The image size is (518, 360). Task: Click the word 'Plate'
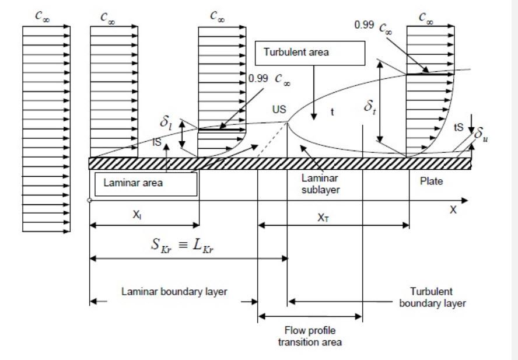pyautogui.click(x=431, y=181)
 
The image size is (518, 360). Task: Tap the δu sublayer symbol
pyautogui.click(x=480, y=135)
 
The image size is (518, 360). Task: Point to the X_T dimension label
pyautogui.click(x=330, y=215)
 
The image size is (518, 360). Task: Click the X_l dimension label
pyautogui.click(x=136, y=215)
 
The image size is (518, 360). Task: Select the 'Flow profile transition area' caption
pyautogui.click(x=310, y=337)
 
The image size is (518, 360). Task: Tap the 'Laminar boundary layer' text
pyautogui.click(x=174, y=292)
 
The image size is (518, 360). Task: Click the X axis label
pyautogui.click(x=453, y=210)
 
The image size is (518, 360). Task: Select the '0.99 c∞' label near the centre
pyautogui.click(x=269, y=79)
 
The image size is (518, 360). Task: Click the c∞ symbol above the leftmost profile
pyautogui.click(x=44, y=17)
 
